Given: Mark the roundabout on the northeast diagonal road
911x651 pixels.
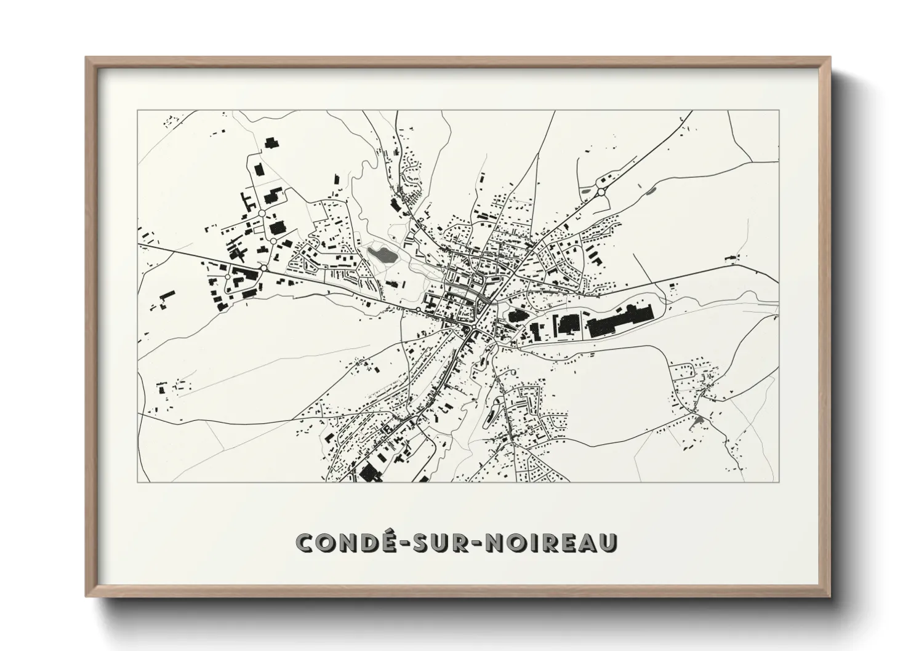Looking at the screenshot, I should [x=600, y=192].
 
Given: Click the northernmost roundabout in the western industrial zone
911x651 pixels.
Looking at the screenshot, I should [x=262, y=213].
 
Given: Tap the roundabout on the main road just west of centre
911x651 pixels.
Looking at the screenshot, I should [x=418, y=309].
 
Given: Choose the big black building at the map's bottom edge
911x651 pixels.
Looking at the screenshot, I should [x=369, y=473].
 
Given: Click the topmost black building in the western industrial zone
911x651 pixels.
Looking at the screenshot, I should [x=270, y=143].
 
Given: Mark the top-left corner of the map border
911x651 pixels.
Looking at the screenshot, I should [x=137, y=111].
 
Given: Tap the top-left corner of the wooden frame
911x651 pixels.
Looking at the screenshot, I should [x=86, y=57].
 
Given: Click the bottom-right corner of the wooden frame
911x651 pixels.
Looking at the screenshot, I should [x=830, y=597].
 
